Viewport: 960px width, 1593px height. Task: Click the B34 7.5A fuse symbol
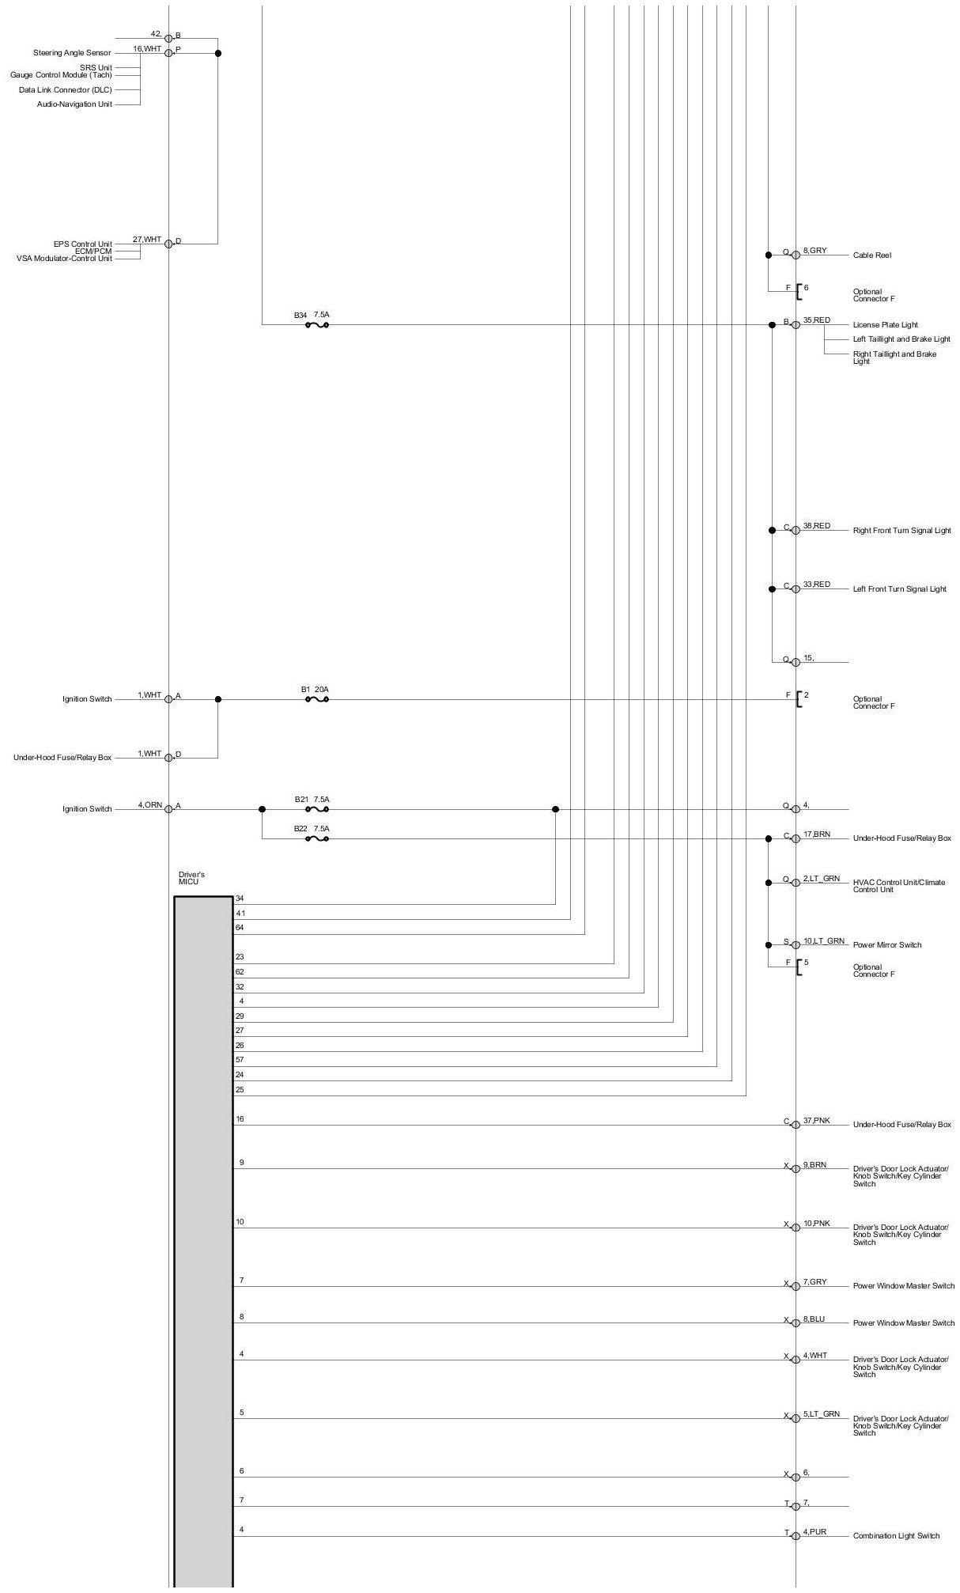pyautogui.click(x=316, y=324)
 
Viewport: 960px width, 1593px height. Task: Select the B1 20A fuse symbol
pyautogui.click(x=316, y=699)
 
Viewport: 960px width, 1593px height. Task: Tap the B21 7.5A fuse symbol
pyautogui.click(x=316, y=809)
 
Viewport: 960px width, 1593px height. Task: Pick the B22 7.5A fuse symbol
pyautogui.click(x=316, y=838)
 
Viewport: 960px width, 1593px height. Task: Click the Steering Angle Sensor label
pyautogui.click(x=72, y=53)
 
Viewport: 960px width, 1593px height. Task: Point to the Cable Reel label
pyautogui.click(x=871, y=255)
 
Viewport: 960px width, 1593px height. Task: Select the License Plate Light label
pyautogui.click(x=885, y=325)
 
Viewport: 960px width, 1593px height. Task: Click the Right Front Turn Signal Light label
pyautogui.click(x=901, y=531)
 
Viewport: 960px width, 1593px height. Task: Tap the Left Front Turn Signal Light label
pyautogui.click(x=899, y=589)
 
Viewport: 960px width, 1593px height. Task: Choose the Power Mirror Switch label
pyautogui.click(x=886, y=945)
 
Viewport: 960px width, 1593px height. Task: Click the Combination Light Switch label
pyautogui.click(x=896, y=1536)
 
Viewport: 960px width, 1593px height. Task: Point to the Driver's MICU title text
pyautogui.click(x=191, y=878)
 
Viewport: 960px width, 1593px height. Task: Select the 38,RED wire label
pyautogui.click(x=817, y=526)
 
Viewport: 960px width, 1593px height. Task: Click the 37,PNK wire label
pyautogui.click(x=817, y=1121)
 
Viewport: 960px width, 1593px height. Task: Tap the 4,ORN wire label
pyautogui.click(x=149, y=805)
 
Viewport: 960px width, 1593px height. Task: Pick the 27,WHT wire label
pyautogui.click(x=146, y=240)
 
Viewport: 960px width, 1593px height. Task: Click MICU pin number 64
pyautogui.click(x=240, y=928)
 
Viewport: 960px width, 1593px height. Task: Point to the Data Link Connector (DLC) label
pyautogui.click(x=65, y=90)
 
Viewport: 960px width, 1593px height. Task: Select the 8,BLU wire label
pyautogui.click(x=814, y=1319)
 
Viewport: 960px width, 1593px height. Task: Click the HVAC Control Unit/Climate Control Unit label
pyautogui.click(x=898, y=886)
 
